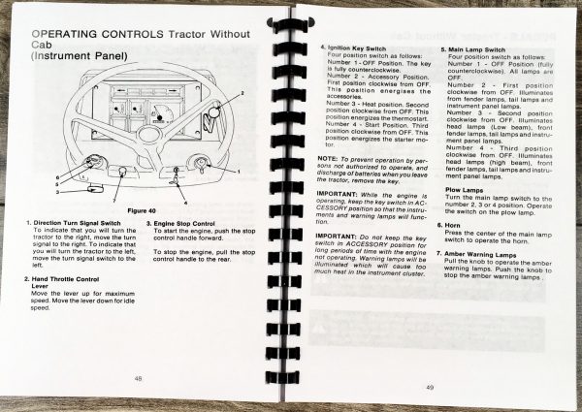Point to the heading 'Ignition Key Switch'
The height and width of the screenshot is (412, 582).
[358, 46]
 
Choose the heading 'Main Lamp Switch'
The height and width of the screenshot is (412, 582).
[477, 47]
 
